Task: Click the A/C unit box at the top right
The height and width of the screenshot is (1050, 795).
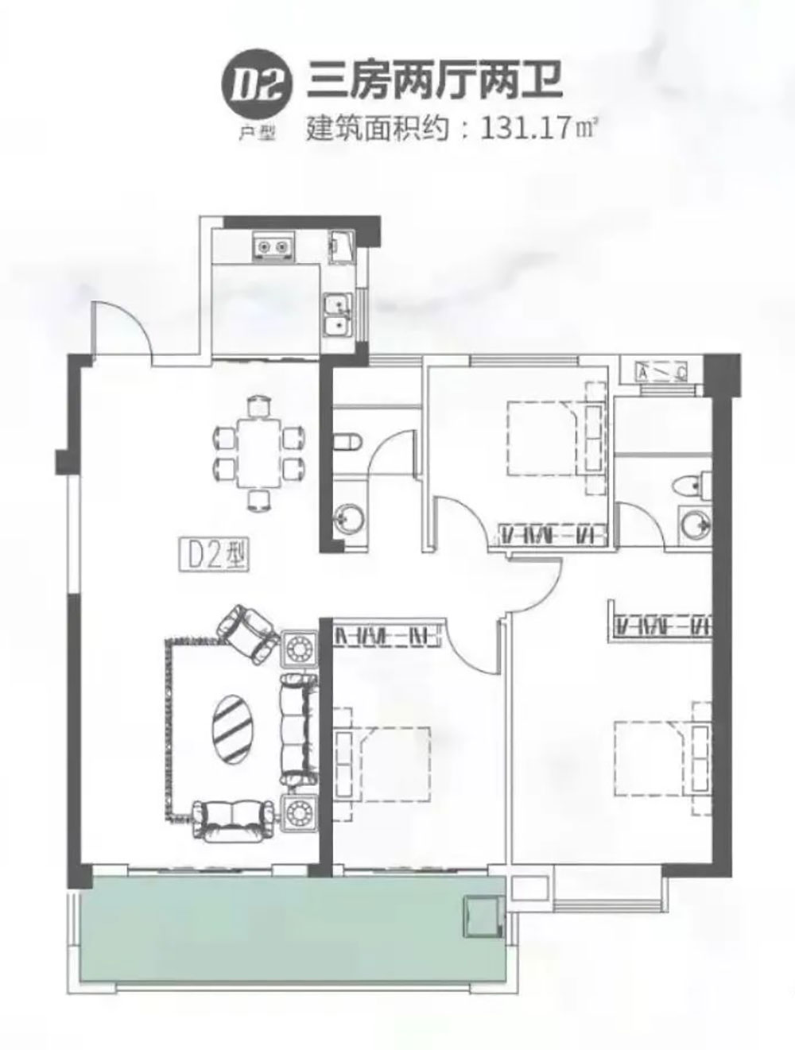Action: click(661, 372)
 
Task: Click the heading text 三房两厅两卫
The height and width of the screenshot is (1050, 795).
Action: click(434, 83)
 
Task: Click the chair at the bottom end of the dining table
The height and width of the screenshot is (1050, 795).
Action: click(260, 501)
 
